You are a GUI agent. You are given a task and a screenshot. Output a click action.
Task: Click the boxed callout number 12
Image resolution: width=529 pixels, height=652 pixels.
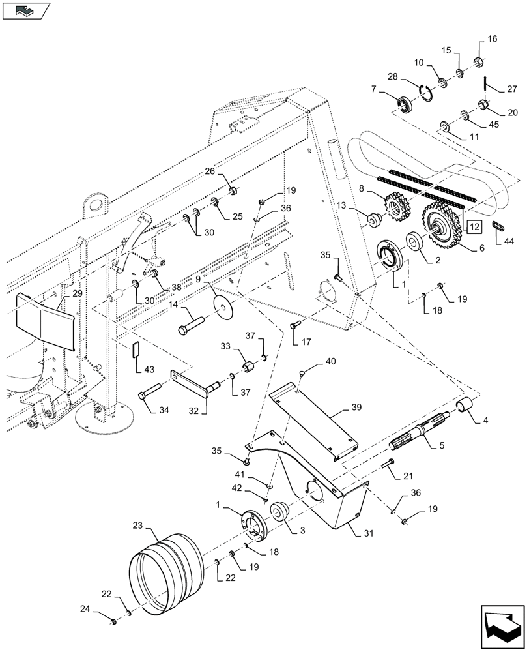(x=474, y=228)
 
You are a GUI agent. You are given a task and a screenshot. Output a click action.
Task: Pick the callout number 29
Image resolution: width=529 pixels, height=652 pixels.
(x=77, y=294)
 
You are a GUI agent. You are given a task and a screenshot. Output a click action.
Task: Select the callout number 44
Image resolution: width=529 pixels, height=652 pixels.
(x=508, y=242)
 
